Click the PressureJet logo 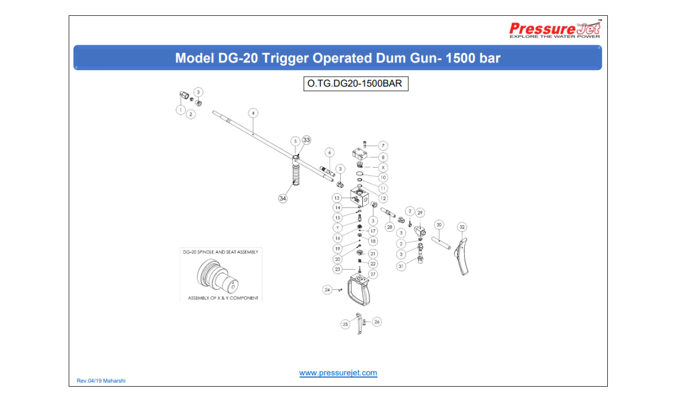tap(555, 29)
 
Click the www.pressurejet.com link tap(338, 373)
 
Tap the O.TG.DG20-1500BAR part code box tap(356, 83)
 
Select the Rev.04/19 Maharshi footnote tap(101, 380)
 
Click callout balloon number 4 tap(253, 113)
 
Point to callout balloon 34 tap(283, 198)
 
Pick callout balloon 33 tap(306, 140)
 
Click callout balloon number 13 tap(337, 198)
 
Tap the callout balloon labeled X tap(383, 168)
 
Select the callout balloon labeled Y tap(337, 227)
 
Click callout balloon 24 tap(327, 290)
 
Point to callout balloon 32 tap(462, 227)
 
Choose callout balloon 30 tap(439, 225)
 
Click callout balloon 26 tap(377, 321)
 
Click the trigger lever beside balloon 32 tap(462, 257)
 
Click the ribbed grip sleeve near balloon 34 tap(295, 176)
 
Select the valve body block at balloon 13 tap(360, 197)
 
